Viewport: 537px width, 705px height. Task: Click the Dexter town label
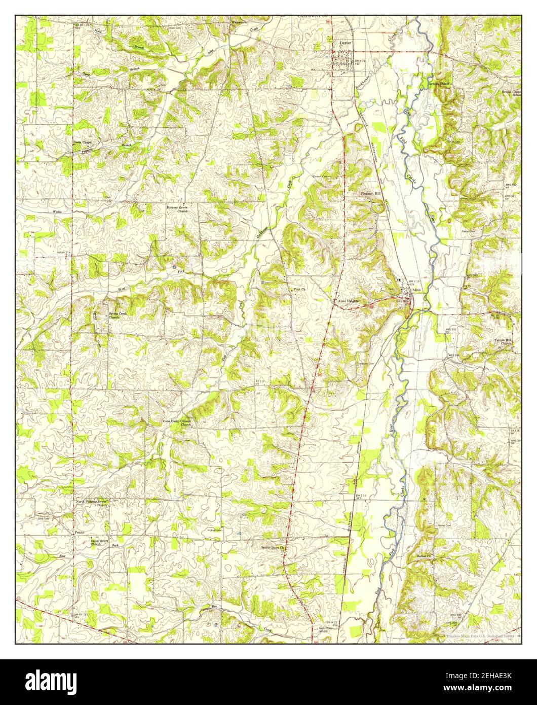tap(345, 44)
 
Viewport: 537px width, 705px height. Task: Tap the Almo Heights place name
tap(349, 301)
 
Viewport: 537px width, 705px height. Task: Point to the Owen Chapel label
tap(82, 143)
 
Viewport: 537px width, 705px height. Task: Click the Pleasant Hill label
tap(371, 193)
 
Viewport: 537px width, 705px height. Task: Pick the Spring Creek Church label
tap(118, 315)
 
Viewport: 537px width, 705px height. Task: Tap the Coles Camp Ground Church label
tap(177, 422)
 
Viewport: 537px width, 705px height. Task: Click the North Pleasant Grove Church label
tap(92, 503)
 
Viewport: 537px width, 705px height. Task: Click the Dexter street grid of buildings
tap(343, 64)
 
